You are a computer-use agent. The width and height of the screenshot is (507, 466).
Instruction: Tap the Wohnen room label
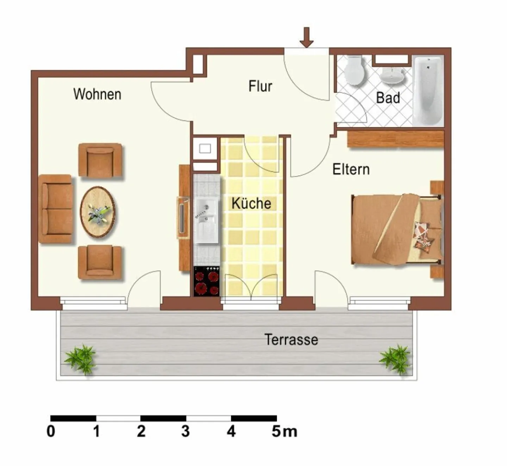(x=97, y=94)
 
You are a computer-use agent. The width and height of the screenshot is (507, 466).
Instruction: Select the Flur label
(x=260, y=86)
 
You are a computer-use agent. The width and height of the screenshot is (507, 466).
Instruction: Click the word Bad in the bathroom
(x=388, y=98)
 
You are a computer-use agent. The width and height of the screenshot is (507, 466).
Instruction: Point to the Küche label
(x=251, y=204)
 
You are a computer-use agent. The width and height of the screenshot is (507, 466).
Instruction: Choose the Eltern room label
(x=351, y=169)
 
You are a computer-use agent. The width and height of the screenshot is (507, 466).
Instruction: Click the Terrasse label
(x=291, y=340)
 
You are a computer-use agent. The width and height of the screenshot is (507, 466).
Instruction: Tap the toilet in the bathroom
(x=355, y=70)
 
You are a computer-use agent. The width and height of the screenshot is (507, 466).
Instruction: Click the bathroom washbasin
(x=393, y=75)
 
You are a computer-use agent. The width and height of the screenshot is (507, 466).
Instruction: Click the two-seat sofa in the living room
(x=56, y=209)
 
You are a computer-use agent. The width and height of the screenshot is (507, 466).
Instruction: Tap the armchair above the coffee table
(x=100, y=160)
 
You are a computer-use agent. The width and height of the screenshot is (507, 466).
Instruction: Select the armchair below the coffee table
(x=100, y=262)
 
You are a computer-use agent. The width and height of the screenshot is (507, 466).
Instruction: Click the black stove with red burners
(x=207, y=281)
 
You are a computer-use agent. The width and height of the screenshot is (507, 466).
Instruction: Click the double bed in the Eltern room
(x=396, y=229)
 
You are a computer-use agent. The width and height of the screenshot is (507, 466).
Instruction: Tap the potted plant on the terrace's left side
(x=81, y=359)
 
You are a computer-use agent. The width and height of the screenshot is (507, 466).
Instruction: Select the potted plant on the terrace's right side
(x=396, y=359)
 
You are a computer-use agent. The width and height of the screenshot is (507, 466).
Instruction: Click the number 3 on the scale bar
(x=186, y=431)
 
